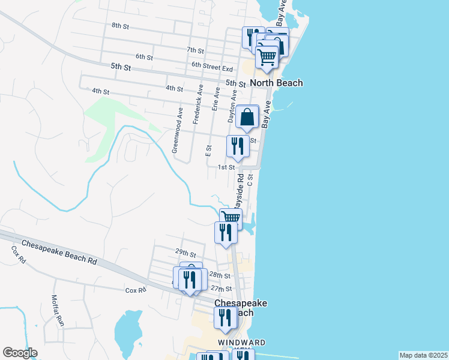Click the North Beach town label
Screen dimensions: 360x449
[276, 83]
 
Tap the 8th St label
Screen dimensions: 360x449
[121, 26]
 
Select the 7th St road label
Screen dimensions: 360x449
[196, 50]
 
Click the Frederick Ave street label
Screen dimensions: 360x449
[197, 104]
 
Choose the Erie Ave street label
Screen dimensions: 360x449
[216, 97]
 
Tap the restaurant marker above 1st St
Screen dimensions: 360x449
[238, 146]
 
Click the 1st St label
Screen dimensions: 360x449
[226, 167]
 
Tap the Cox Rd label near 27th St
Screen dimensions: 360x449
[136, 290]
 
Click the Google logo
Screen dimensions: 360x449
[20, 353]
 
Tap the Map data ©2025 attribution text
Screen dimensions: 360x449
[423, 355]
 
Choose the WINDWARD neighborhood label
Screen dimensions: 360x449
[241, 342]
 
